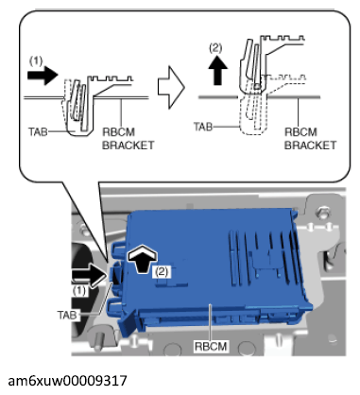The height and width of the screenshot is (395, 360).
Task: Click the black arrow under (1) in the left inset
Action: (43, 76)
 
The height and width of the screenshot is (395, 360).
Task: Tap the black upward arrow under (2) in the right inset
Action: (218, 71)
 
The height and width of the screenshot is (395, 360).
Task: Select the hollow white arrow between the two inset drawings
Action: (171, 87)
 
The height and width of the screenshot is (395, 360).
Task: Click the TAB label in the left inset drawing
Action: (38, 131)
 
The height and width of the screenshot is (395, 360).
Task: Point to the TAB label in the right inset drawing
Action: (203, 127)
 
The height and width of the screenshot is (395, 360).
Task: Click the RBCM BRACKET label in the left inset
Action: (129, 139)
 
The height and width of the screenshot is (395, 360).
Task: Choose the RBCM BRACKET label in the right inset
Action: (310, 139)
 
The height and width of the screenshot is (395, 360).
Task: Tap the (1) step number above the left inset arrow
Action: (36, 60)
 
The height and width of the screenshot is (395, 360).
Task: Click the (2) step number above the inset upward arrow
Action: (215, 48)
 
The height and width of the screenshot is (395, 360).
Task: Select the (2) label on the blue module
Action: (162, 271)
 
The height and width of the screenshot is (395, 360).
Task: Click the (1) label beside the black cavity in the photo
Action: (79, 290)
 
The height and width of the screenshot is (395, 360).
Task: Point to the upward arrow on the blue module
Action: (142, 258)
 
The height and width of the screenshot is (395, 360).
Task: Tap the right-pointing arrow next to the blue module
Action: (90, 273)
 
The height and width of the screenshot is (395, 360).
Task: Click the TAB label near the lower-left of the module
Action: (67, 315)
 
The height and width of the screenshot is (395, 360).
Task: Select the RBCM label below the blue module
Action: (211, 346)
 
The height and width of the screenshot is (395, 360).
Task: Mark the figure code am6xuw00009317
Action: (67, 381)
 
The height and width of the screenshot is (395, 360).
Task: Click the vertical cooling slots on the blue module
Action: (264, 255)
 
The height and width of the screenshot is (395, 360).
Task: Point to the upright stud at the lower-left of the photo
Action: (99, 340)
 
